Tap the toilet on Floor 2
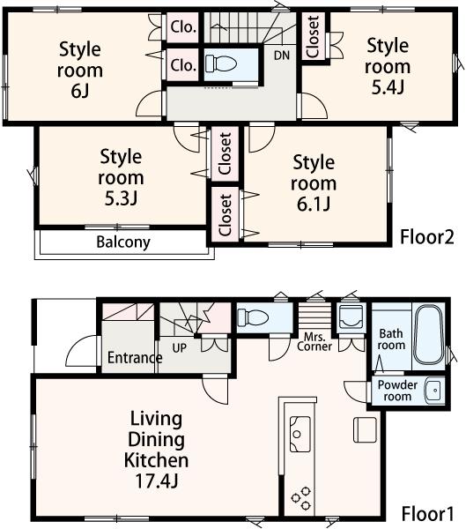[x=221, y=63]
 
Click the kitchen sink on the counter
[x=300, y=432]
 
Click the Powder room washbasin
[x=433, y=390]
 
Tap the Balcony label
[x=123, y=242]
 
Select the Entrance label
[x=134, y=358]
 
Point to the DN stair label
[x=281, y=55]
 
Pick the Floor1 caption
[x=427, y=513]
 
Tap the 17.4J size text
[x=159, y=481]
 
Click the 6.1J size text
[x=314, y=205]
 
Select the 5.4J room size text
[x=388, y=87]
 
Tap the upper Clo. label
[x=183, y=26]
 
